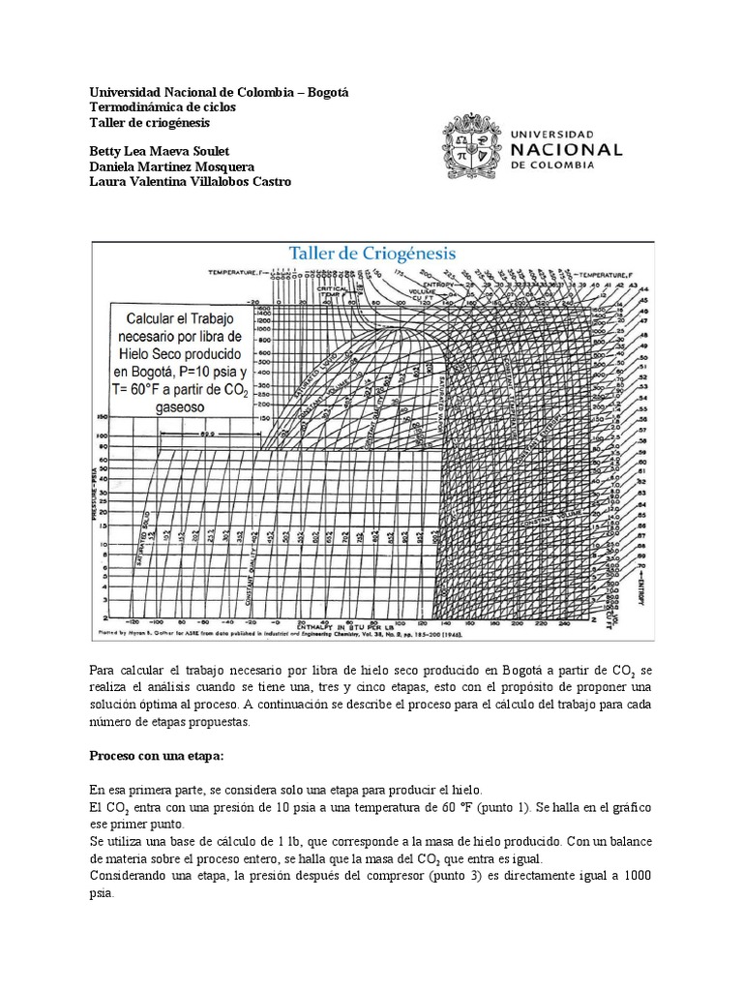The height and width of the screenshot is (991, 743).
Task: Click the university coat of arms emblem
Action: click(x=473, y=148)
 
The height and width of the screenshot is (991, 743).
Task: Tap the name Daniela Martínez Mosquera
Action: click(x=171, y=167)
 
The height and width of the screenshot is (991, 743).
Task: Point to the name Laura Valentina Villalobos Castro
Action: click(x=189, y=182)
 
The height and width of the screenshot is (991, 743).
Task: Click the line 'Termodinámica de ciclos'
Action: click(x=162, y=107)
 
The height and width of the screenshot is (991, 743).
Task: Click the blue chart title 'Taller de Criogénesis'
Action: click(x=372, y=254)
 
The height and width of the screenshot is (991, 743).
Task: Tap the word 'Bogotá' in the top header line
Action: click(x=326, y=92)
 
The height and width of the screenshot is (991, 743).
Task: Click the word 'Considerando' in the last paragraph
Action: click(x=130, y=875)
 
